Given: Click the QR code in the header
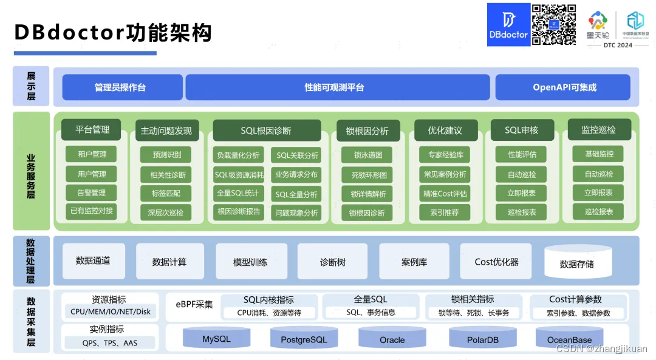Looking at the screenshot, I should point(554,24).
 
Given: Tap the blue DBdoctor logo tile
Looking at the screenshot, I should point(508,24).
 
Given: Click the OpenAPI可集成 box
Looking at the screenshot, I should point(564,87).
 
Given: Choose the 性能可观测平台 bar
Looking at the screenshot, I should point(337,87).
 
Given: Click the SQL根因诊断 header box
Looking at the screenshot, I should point(267,131).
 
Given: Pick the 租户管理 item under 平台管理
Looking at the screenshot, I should point(92,154).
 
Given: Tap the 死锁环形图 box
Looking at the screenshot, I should point(366,175).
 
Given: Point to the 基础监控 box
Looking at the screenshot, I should point(598,154).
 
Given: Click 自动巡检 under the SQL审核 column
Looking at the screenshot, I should point(521,174).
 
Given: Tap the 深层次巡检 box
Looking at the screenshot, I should point(165,212).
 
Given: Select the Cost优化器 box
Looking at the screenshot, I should point(496,262).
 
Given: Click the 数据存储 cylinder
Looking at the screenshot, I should point(576,263).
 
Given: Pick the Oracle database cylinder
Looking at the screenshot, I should point(392,338).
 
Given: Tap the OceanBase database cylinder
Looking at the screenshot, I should point(569,338).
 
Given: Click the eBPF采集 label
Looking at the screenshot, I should point(194,304).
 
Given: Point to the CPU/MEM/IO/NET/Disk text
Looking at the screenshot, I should point(110,312).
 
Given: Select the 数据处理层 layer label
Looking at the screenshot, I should point(31,261).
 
